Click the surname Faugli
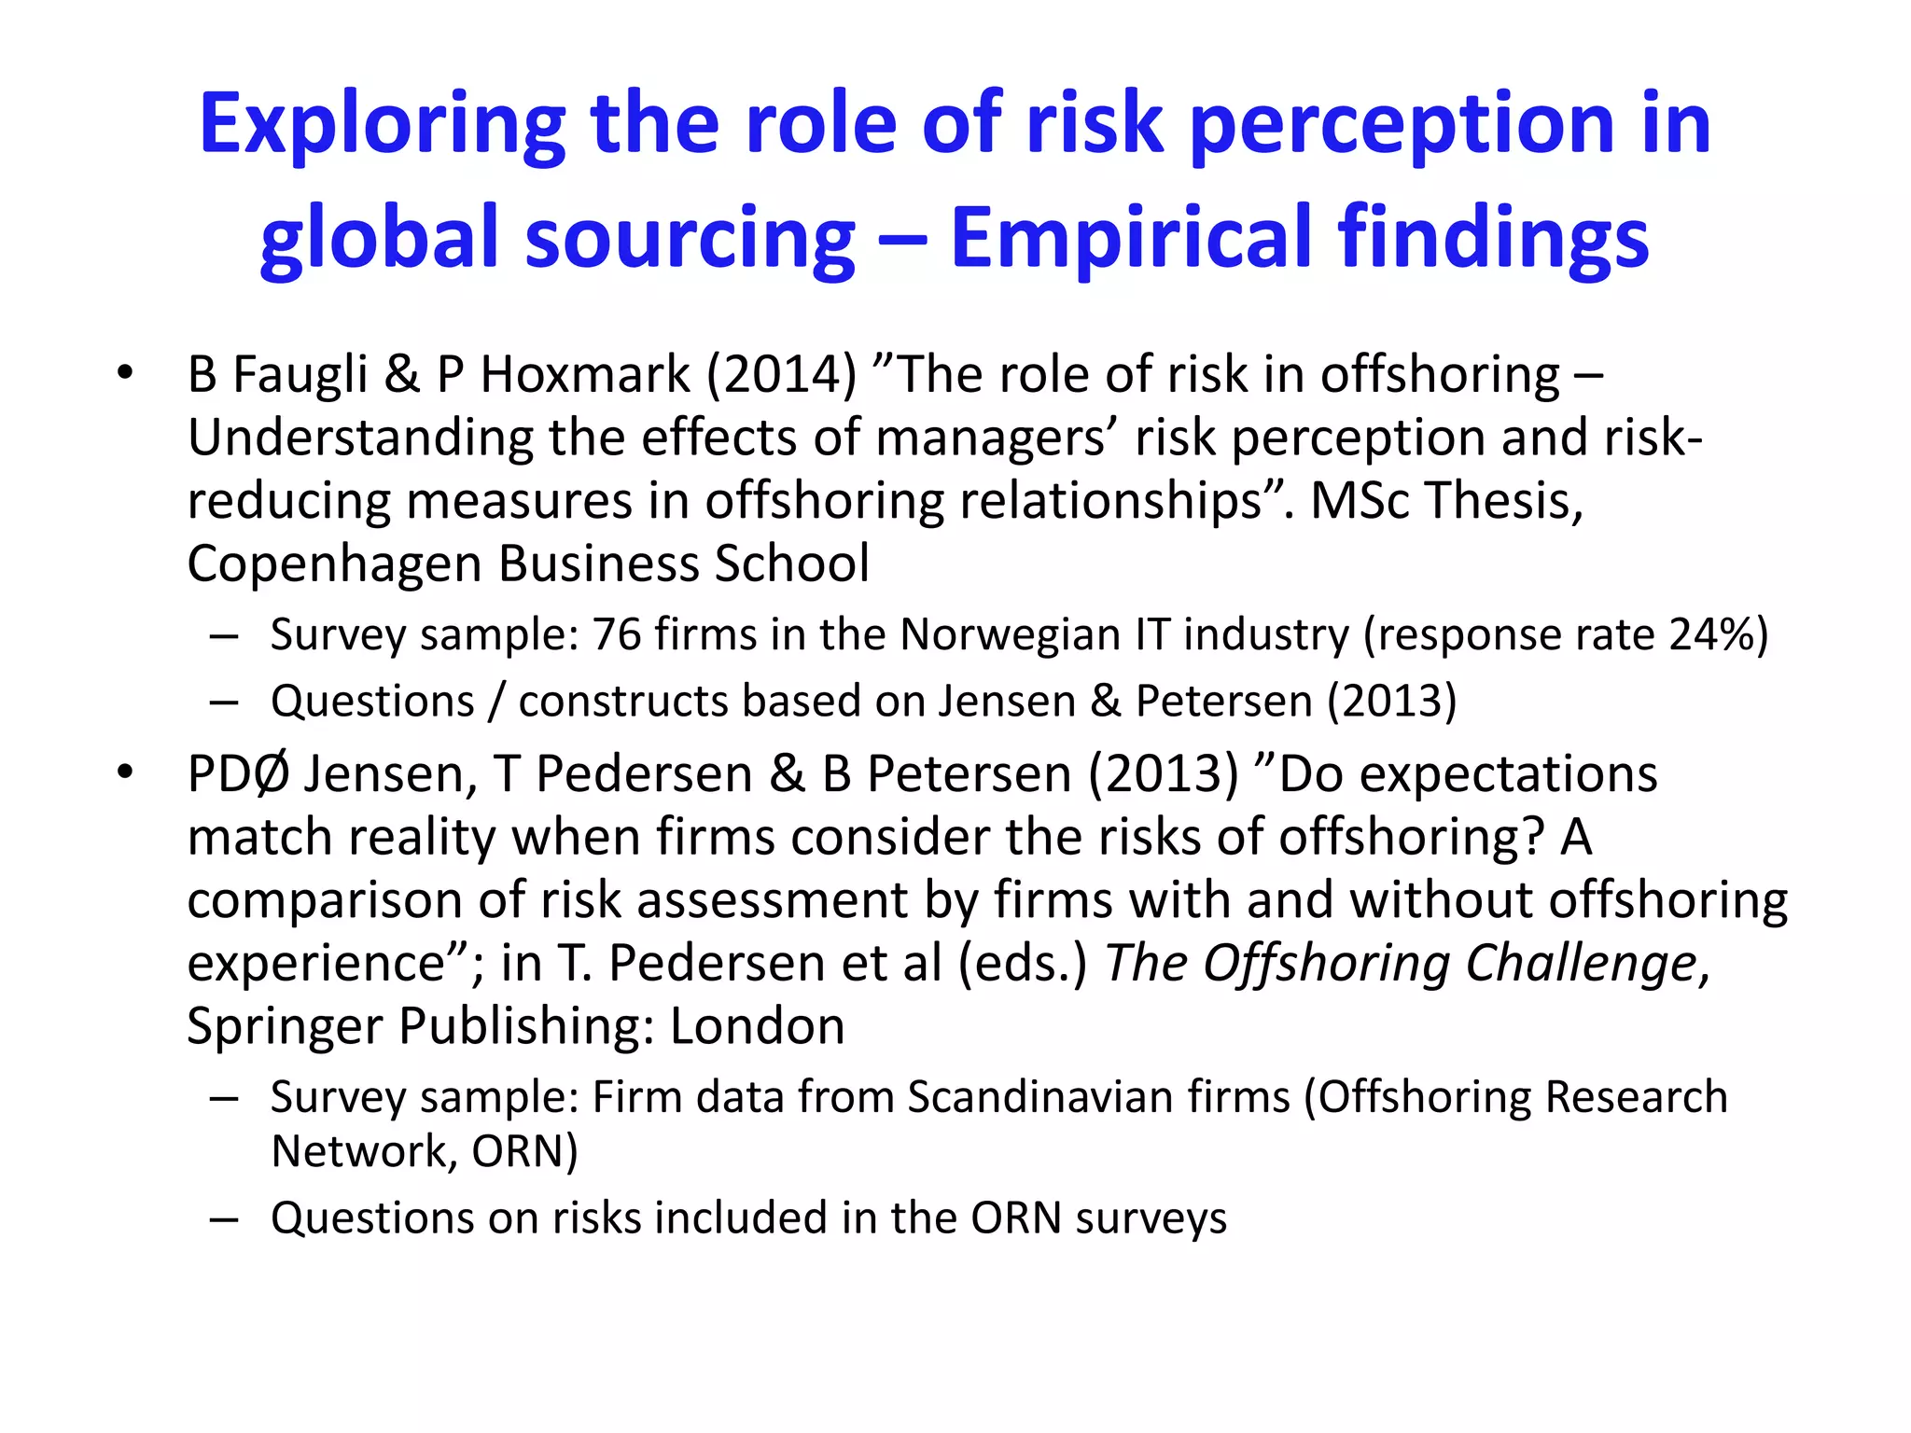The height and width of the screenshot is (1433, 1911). (300, 376)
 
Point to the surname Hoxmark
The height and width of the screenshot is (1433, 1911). (584, 375)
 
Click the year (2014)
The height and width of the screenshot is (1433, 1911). (781, 375)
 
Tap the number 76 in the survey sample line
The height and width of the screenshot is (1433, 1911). (617, 634)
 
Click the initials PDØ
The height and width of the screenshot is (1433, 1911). (239, 774)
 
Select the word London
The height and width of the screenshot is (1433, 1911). (757, 1026)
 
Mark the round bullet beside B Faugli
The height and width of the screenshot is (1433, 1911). (126, 374)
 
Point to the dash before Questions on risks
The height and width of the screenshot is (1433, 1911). (224, 1219)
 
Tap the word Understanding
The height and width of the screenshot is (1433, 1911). (360, 438)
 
